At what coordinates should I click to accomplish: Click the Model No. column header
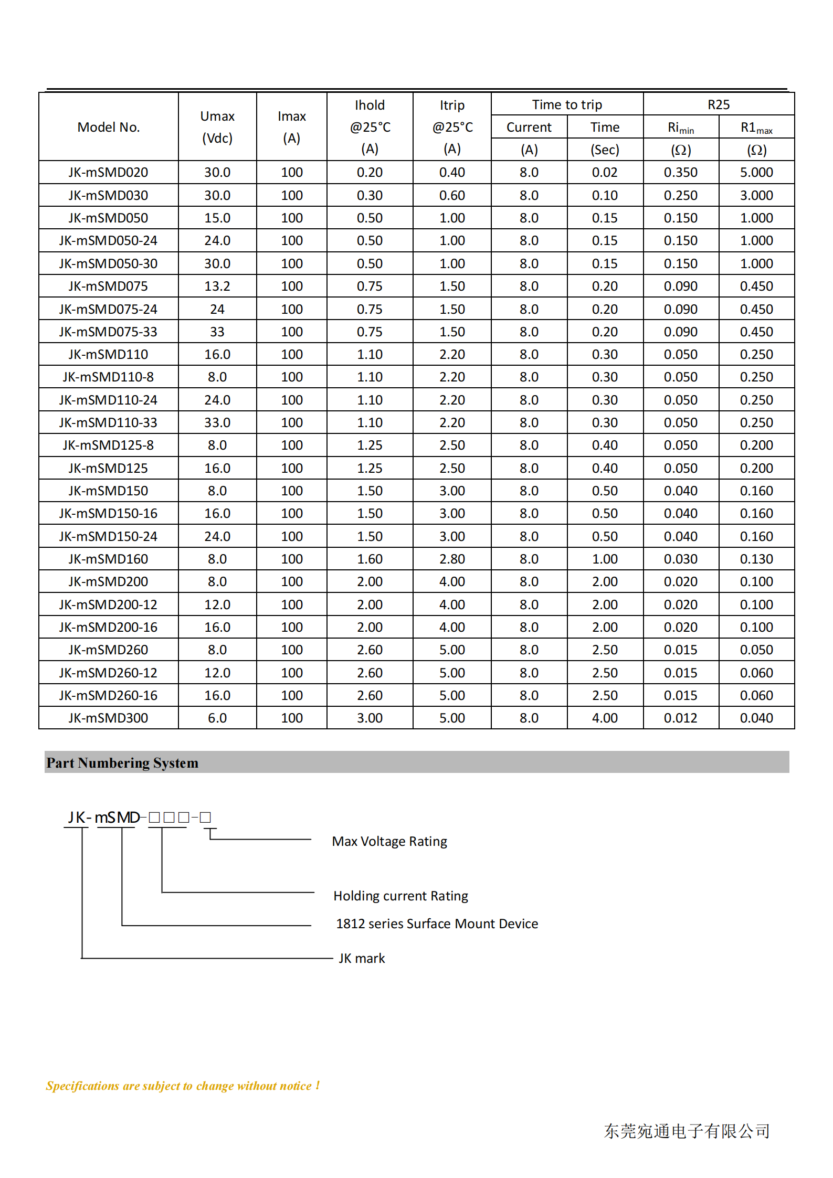109,127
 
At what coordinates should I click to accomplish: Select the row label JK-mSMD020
109,172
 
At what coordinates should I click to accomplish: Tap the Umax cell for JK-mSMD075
217,286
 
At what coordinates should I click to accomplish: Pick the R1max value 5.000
756,172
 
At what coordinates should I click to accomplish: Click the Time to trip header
567,104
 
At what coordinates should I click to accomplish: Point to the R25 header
719,104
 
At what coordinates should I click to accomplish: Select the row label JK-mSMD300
109,718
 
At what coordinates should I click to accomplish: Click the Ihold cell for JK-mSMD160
370,559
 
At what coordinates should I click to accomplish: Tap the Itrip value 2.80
452,559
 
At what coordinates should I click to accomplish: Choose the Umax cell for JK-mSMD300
217,718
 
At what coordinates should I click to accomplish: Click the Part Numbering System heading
122,762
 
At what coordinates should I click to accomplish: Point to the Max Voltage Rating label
389,841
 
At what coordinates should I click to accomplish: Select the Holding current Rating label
400,896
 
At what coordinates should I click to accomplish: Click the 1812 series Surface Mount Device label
437,924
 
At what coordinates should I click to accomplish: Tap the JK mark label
362,958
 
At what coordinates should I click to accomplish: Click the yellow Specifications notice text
183,1086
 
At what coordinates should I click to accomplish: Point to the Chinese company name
687,1131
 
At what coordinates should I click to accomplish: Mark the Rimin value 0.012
680,718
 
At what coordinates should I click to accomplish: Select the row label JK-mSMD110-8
109,377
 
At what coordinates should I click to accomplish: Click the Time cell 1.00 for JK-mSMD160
605,559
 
